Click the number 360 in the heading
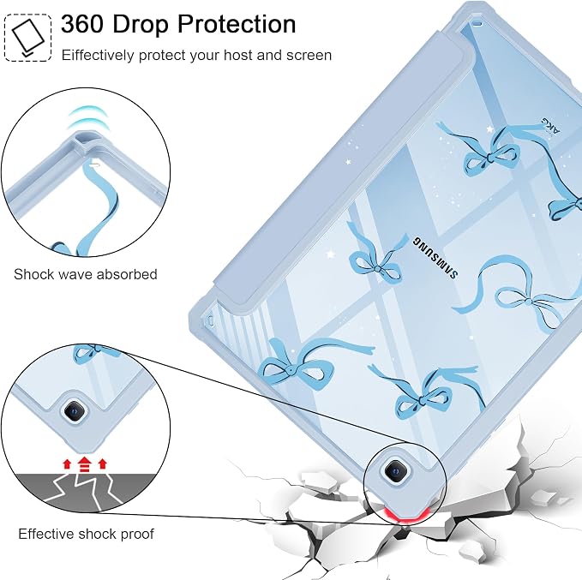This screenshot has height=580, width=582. pos(82,24)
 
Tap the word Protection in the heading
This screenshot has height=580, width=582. pos(237,24)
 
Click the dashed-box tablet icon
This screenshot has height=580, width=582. pos(27,38)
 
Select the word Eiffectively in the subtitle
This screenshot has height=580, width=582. pos(98,56)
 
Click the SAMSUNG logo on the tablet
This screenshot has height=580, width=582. pos(435,257)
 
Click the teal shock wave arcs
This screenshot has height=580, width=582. pos(88,117)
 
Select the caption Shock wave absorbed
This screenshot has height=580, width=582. pos(86,275)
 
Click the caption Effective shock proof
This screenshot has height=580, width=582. pos(86,534)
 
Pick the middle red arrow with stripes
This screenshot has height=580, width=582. pos(85,464)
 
